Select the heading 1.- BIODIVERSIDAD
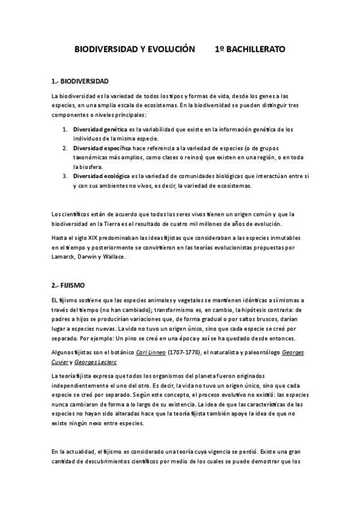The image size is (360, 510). click(80, 81)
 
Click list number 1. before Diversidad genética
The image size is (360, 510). click(66, 129)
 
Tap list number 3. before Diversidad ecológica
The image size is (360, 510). click(66, 176)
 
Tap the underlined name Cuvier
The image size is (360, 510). click(61, 362)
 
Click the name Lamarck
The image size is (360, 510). click(64, 257)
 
